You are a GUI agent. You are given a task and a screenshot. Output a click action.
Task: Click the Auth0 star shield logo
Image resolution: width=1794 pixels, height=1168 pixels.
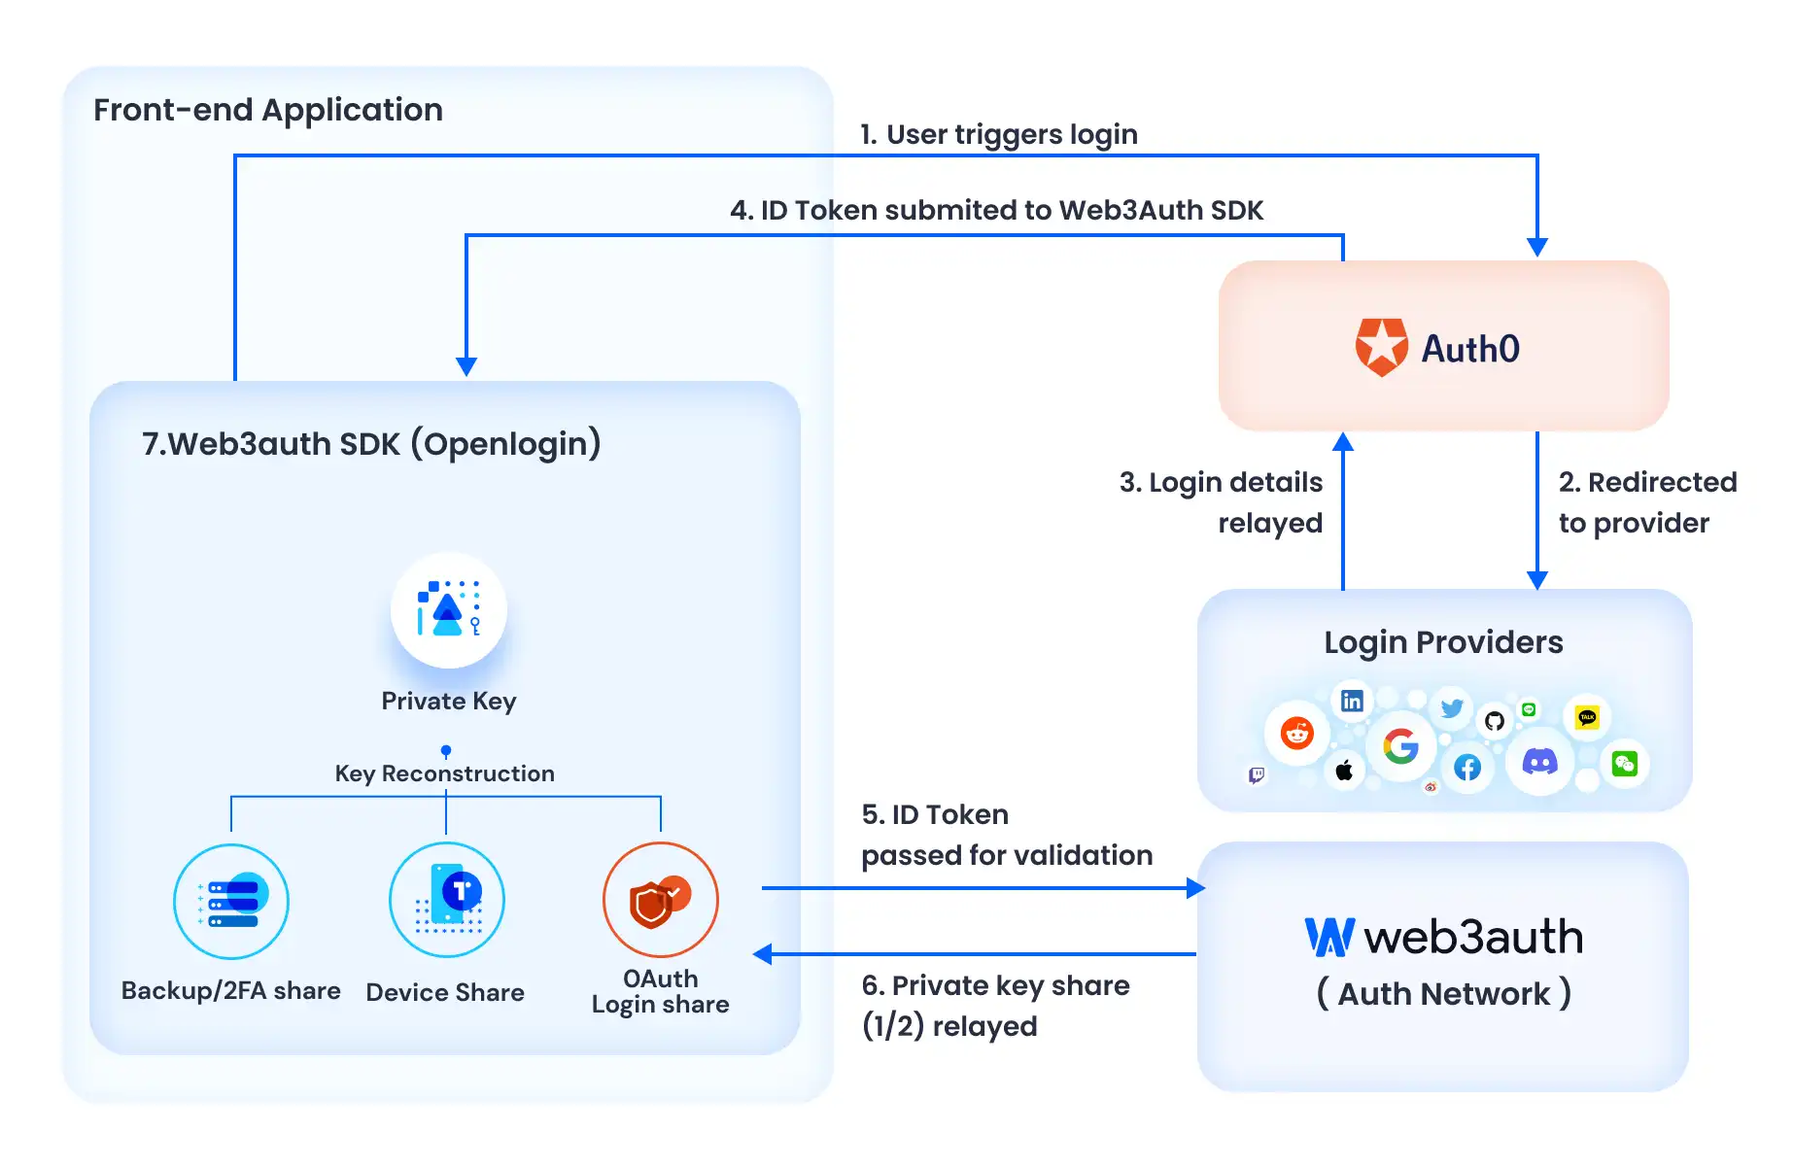[x=1381, y=347]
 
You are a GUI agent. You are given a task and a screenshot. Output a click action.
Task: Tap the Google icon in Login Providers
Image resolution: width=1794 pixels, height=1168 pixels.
[x=1400, y=746]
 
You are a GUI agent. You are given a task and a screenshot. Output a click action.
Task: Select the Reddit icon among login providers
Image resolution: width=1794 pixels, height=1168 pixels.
[x=1296, y=733]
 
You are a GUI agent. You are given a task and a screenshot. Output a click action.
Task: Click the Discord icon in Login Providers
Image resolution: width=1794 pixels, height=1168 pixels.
[x=1539, y=762]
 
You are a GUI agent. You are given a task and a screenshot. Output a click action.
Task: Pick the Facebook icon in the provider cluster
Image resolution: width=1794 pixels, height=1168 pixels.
[x=1467, y=768]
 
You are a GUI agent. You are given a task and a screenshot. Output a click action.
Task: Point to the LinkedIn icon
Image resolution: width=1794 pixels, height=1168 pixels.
[x=1352, y=701]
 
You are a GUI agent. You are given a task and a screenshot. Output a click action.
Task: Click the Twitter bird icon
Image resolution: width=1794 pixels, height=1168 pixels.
[x=1452, y=708]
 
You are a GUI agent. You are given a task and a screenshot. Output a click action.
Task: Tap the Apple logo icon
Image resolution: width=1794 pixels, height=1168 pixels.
[x=1344, y=771]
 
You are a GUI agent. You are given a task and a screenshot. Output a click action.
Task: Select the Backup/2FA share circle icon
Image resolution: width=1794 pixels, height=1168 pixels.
[x=231, y=902]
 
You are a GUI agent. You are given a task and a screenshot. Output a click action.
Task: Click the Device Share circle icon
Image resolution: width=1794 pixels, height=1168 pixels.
[x=447, y=900]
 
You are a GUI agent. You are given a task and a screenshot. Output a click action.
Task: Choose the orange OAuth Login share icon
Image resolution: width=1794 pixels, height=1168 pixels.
[x=661, y=900]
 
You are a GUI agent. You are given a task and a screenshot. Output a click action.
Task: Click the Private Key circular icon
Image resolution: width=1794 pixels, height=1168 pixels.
[x=449, y=610]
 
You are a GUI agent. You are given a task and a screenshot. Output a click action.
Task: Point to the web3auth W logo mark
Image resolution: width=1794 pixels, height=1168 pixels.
[x=1329, y=938]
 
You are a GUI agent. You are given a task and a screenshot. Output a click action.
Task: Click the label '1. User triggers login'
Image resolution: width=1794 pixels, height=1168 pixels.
[x=998, y=134]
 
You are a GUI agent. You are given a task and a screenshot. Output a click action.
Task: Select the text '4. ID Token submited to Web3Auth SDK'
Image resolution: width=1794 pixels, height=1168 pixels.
[x=996, y=210]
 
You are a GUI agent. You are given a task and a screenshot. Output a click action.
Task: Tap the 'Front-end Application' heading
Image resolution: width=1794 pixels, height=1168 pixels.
[x=268, y=110]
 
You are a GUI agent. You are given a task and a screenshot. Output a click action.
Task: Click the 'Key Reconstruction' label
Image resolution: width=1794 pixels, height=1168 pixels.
[x=445, y=773]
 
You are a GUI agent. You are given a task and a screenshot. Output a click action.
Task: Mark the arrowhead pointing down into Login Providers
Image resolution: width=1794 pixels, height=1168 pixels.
[x=1537, y=580]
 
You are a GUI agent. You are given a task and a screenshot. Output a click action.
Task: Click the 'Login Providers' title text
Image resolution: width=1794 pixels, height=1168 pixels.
[x=1443, y=642]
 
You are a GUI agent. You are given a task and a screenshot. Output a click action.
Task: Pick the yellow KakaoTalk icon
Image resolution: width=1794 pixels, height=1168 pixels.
[x=1587, y=718]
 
